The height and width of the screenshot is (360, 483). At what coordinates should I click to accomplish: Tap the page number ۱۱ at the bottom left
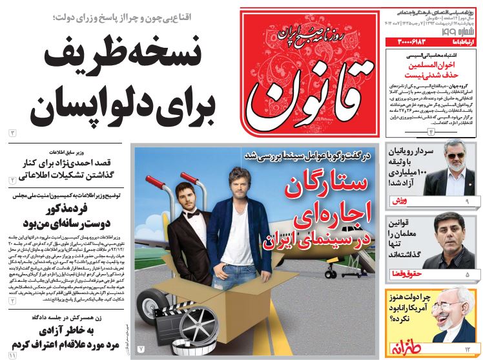click(12, 355)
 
